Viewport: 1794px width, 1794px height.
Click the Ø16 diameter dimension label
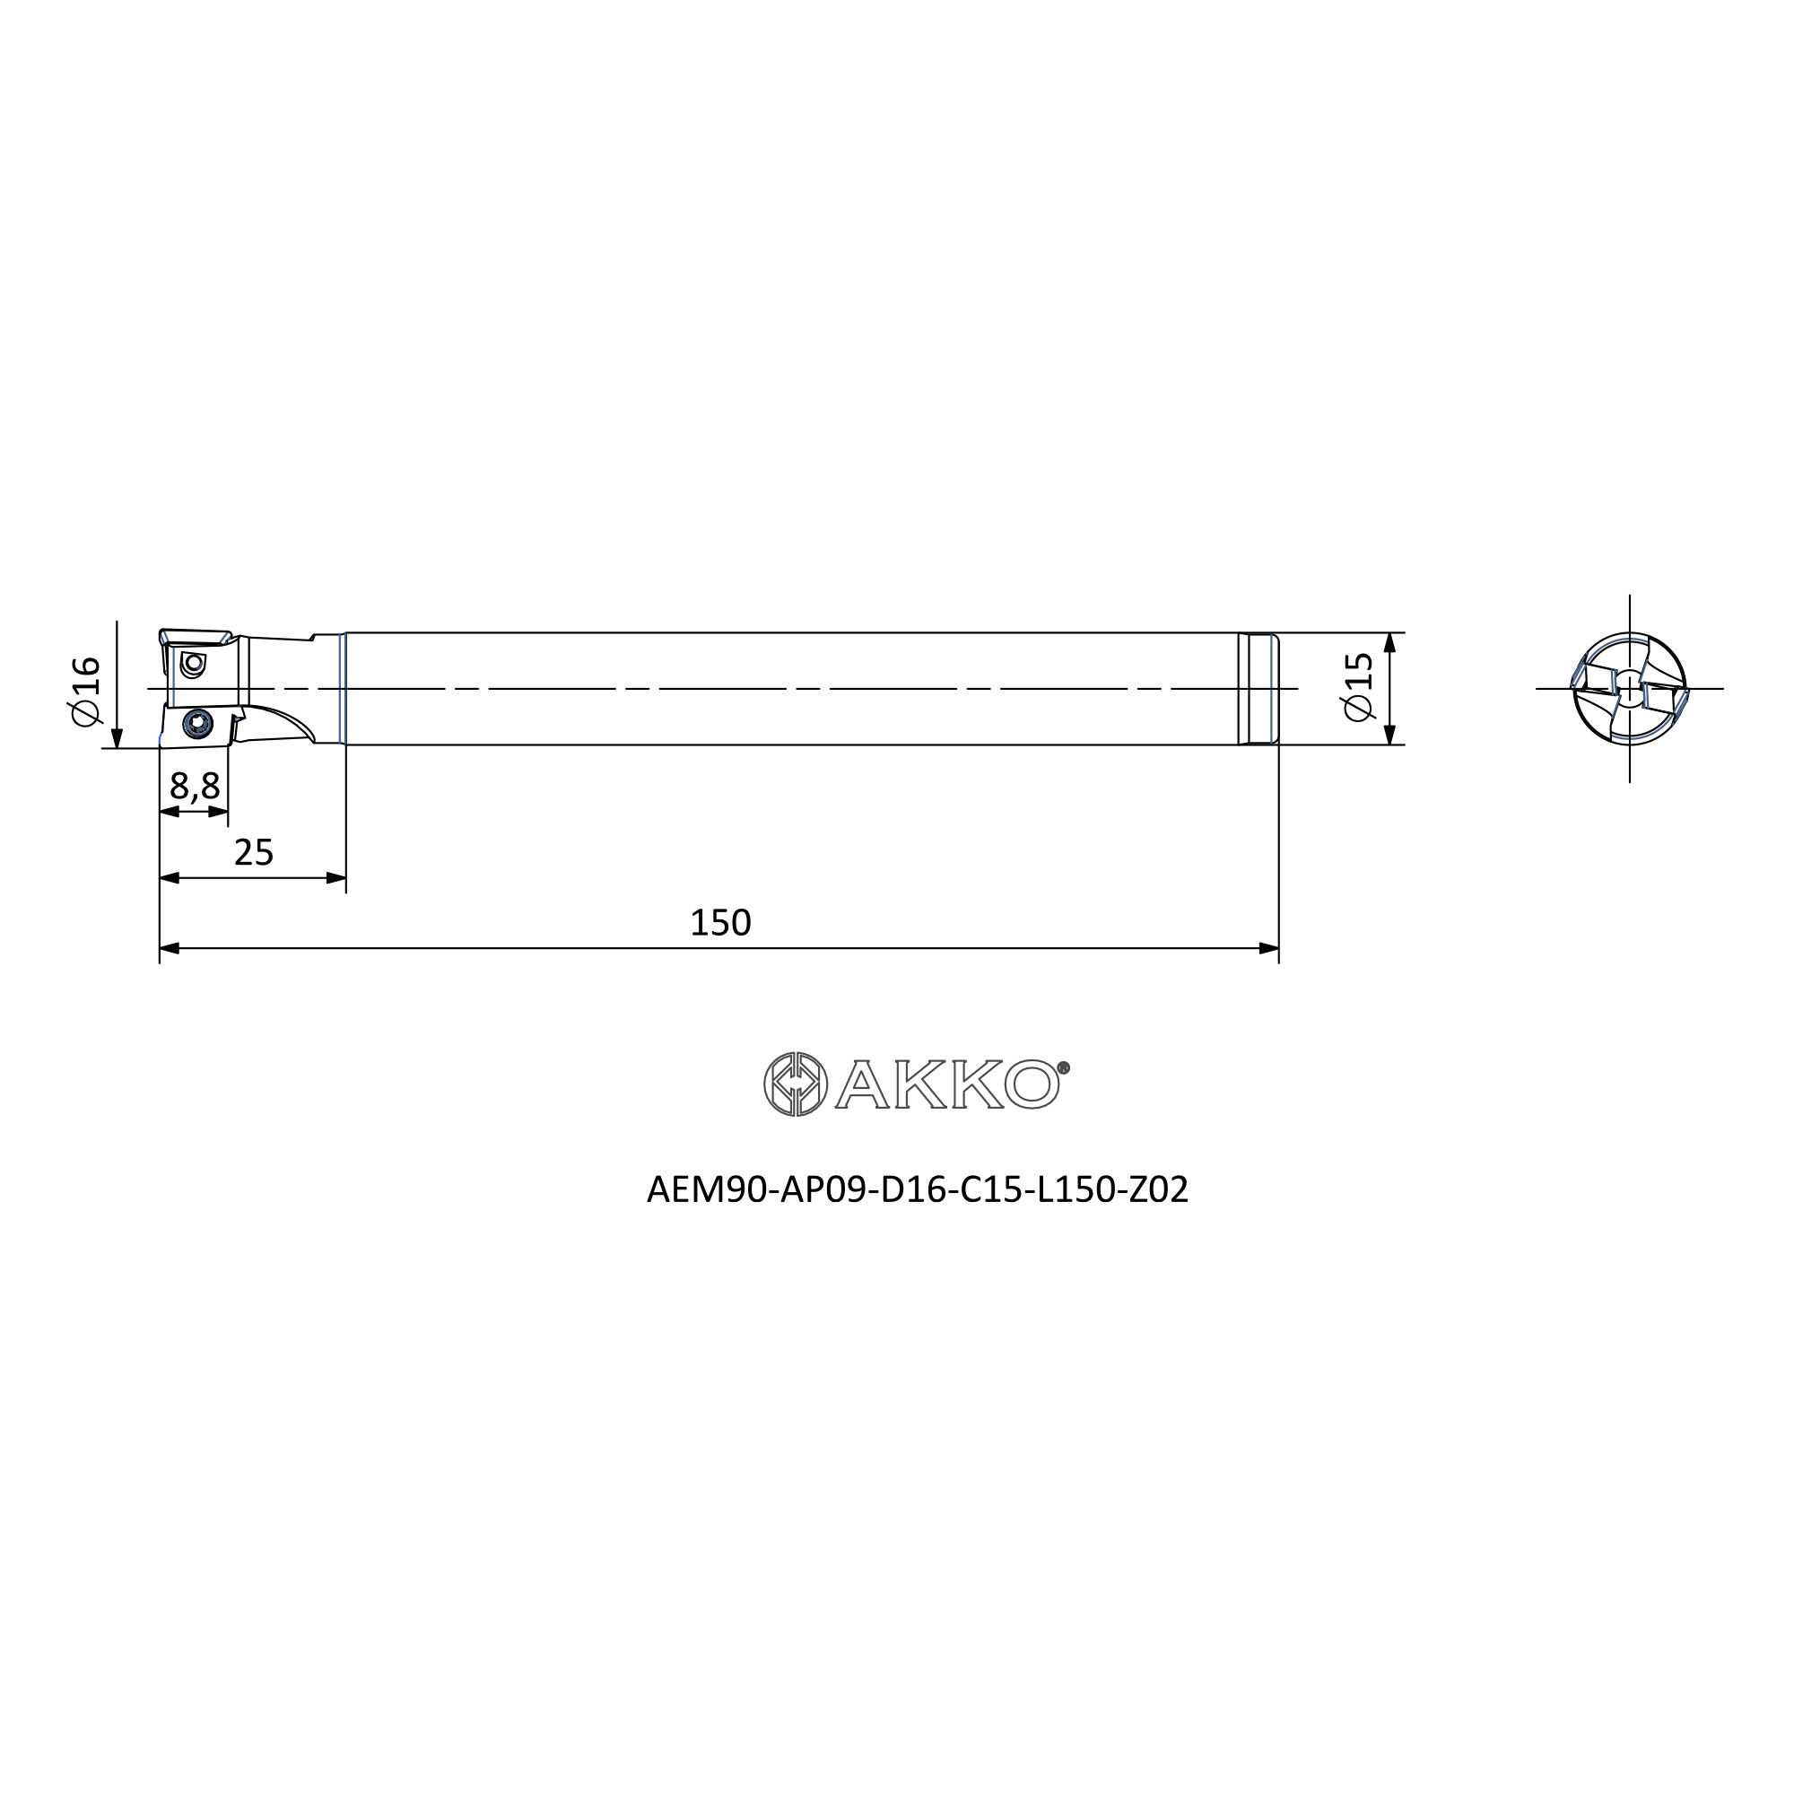point(84,691)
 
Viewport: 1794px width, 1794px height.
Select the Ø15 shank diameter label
point(1357,686)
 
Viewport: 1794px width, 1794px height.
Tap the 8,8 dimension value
point(195,787)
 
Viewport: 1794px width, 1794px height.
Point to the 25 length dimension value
point(254,852)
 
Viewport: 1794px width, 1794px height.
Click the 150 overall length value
point(719,923)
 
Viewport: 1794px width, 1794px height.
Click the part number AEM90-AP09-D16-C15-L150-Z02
point(918,1190)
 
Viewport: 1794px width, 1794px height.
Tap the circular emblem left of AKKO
point(796,1084)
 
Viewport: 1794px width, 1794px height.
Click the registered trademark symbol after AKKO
point(1064,1067)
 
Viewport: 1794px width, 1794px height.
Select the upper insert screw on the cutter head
point(193,664)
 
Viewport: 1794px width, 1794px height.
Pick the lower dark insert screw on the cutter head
point(197,723)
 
